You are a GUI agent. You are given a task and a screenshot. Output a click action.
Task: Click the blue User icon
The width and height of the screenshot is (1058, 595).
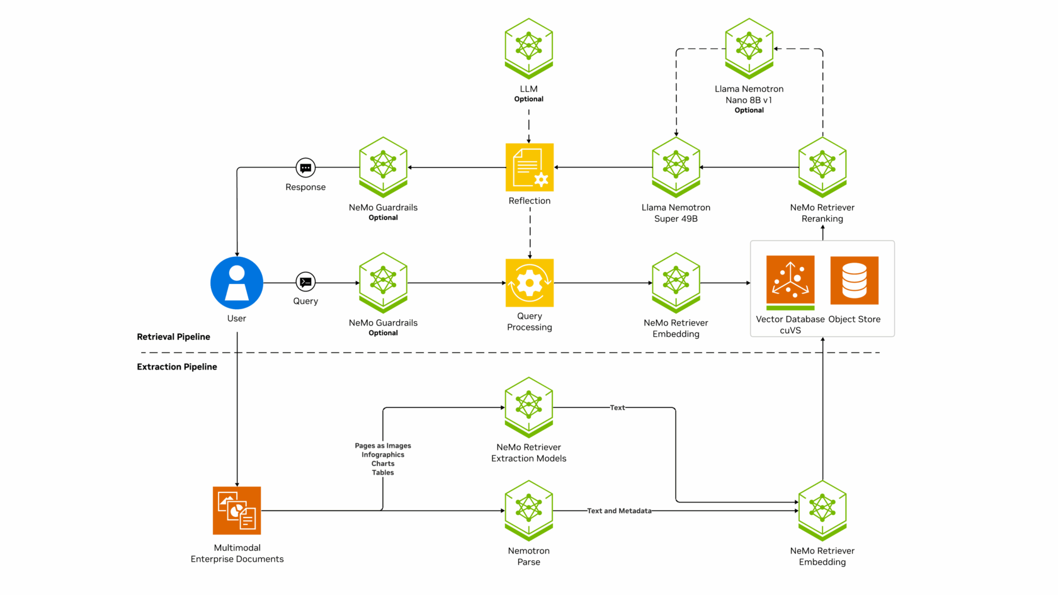click(237, 283)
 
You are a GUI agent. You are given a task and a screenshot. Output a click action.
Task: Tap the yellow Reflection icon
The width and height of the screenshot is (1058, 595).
click(530, 167)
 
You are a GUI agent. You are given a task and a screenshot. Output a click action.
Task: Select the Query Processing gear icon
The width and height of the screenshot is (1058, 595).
click(530, 283)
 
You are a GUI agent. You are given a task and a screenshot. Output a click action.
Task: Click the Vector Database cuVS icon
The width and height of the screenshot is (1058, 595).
click(790, 281)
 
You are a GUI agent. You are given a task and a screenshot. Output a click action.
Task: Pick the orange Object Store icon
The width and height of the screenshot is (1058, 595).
click(855, 280)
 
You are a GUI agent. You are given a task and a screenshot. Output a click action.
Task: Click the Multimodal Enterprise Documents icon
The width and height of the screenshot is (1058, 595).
click(237, 510)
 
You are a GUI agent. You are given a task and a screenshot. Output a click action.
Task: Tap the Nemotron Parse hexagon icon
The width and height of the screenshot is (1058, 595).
click(529, 509)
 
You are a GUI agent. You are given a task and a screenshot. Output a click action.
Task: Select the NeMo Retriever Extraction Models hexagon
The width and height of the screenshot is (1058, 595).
click(529, 405)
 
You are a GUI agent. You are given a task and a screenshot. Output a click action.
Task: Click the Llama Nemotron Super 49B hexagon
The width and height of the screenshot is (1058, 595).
click(676, 166)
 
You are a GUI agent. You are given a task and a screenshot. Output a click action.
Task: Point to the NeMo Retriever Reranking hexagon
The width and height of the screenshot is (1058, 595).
click(822, 166)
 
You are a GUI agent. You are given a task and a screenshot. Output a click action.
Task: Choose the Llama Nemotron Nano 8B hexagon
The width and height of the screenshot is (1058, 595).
click(749, 47)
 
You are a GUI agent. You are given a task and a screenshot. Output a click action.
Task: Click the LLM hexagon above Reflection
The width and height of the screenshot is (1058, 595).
click(529, 47)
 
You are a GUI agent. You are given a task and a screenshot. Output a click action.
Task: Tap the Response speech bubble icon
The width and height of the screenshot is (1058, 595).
click(305, 168)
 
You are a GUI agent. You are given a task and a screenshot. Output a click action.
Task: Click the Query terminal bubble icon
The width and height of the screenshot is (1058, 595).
click(305, 282)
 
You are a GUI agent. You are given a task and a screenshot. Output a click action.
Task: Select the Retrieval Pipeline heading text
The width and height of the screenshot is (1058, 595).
click(174, 337)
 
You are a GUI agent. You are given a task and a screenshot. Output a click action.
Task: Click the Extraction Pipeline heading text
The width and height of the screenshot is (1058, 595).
click(177, 367)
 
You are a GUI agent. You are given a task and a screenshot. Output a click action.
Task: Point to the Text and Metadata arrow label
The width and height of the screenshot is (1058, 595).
click(619, 511)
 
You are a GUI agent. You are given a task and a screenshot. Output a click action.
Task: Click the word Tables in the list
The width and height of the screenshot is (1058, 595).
click(383, 473)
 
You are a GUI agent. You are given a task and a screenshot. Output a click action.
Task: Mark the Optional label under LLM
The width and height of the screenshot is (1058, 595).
click(529, 99)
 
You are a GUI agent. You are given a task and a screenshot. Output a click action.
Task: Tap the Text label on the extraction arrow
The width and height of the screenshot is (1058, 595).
click(617, 408)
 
